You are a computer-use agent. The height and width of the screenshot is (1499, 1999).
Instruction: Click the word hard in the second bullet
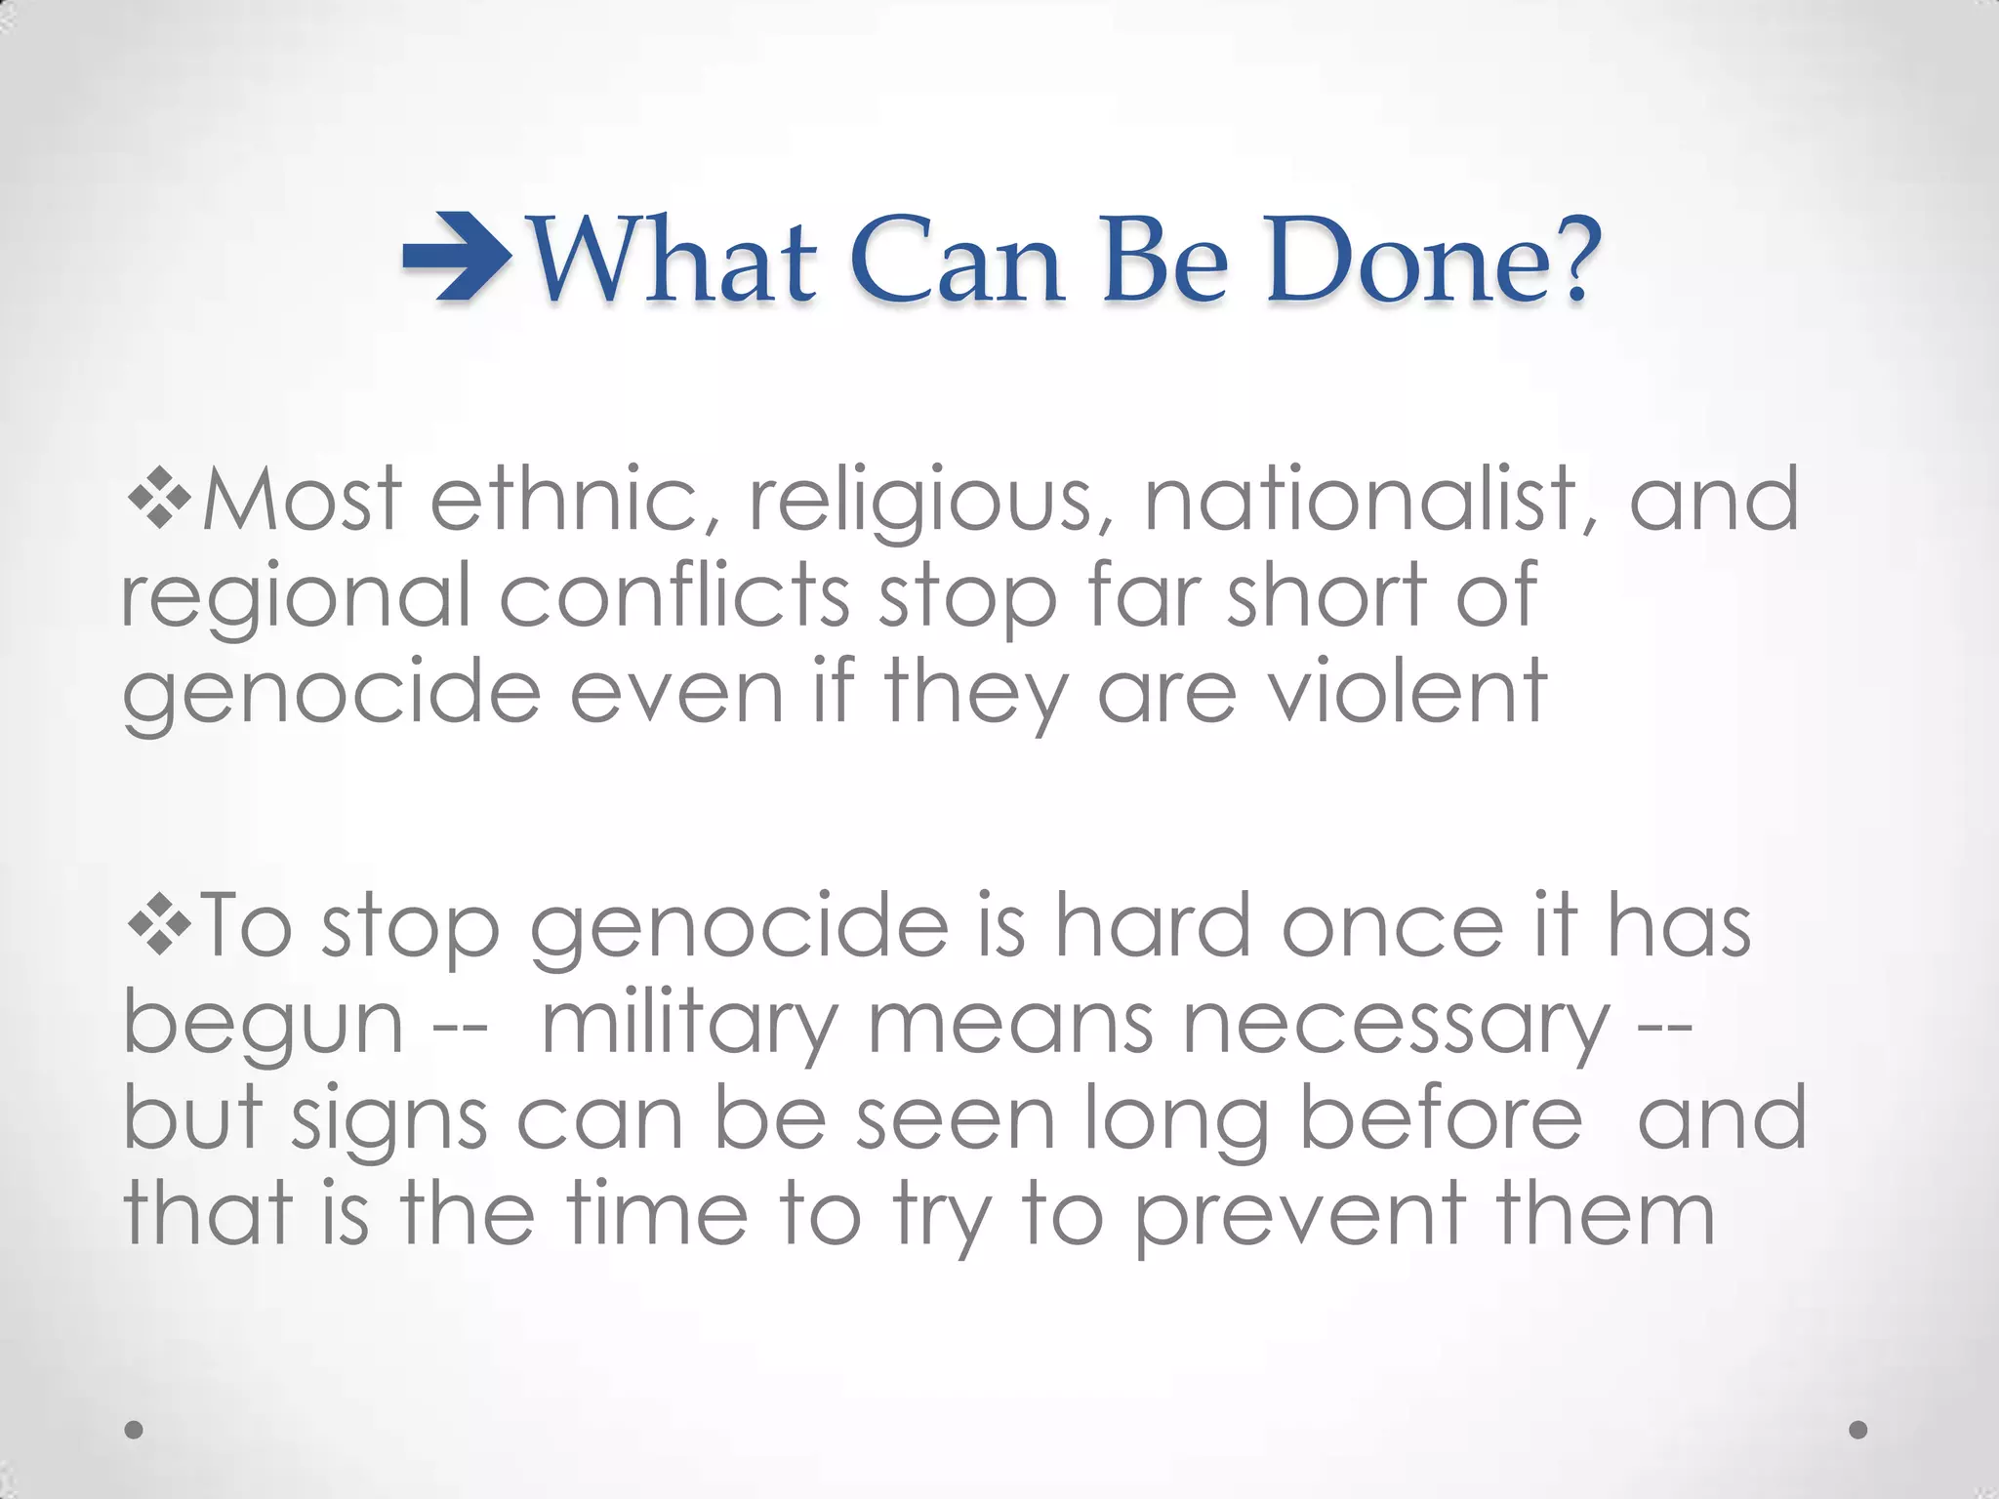[1152, 927]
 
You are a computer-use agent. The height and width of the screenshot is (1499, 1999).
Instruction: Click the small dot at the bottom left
[135, 1430]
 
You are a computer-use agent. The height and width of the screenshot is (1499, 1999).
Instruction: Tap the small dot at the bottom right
[1858, 1430]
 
